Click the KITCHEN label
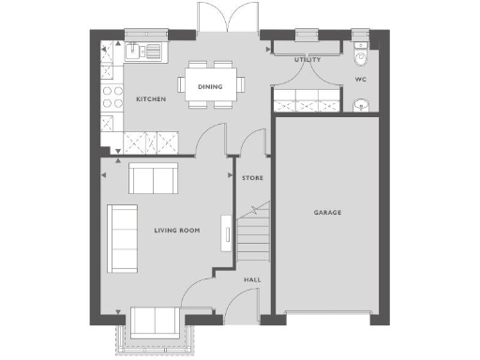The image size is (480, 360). (x=151, y=98)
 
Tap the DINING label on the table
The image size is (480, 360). (x=210, y=87)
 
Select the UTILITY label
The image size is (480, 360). (x=307, y=60)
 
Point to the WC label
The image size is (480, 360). (x=360, y=80)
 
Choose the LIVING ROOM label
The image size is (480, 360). (x=177, y=229)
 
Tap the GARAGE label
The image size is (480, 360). (x=327, y=213)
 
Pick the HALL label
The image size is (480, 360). (x=251, y=279)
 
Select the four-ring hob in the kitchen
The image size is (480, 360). (x=112, y=97)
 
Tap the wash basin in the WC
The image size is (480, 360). (x=361, y=104)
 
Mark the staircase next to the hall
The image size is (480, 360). (x=251, y=236)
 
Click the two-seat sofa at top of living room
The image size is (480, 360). (x=153, y=177)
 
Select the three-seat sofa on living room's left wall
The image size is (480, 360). (x=122, y=239)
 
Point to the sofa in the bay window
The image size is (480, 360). (x=156, y=321)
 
